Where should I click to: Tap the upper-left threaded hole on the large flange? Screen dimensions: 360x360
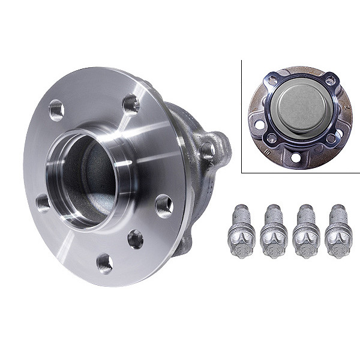point(56,109)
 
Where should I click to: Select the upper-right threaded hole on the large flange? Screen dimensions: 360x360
point(131,104)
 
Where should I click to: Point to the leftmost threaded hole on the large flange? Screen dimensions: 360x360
point(43,203)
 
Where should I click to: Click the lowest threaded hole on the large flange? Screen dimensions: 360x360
point(104,262)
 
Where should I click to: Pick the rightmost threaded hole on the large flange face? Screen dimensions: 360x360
point(163,206)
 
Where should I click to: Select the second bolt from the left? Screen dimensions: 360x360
point(272,231)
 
